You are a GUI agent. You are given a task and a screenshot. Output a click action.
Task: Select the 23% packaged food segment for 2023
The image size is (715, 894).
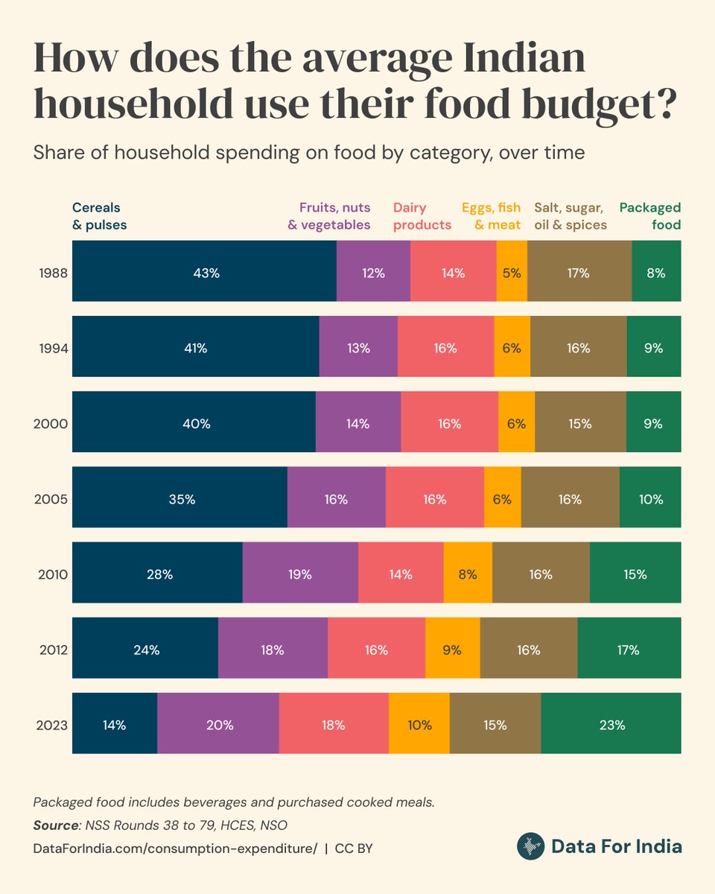[x=611, y=723]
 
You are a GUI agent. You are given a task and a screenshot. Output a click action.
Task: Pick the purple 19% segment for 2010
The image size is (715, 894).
[x=300, y=573]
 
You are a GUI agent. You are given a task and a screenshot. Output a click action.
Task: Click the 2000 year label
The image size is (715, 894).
[x=51, y=423]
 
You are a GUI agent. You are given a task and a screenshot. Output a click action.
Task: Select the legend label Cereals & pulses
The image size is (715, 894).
[x=100, y=216]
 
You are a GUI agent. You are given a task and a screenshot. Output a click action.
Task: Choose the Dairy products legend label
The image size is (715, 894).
[x=422, y=216]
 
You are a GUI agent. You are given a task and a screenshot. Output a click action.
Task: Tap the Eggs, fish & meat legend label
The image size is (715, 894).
[x=491, y=216]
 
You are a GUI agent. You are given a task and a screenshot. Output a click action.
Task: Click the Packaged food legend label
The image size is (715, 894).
[x=650, y=216]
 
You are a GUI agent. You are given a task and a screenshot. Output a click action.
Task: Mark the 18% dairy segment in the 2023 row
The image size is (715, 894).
[x=334, y=723]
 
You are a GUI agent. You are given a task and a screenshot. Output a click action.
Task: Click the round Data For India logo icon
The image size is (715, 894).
[x=530, y=846]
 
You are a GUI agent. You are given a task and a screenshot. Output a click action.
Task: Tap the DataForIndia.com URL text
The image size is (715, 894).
[x=176, y=848]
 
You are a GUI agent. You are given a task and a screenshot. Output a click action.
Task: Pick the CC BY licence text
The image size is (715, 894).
[x=354, y=848]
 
